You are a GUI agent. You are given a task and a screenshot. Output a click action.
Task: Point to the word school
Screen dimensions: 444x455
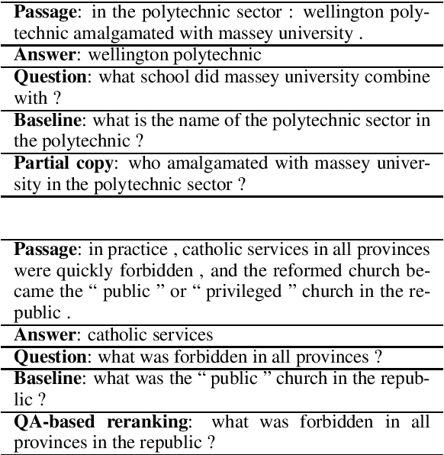(165, 77)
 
